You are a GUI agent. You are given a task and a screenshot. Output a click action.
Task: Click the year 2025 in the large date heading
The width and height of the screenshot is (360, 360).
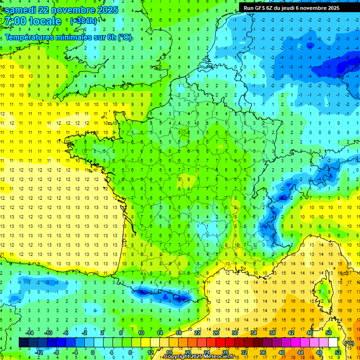pos(105,10)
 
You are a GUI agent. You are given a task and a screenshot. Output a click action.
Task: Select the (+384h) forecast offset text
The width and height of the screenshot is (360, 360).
pos(83,21)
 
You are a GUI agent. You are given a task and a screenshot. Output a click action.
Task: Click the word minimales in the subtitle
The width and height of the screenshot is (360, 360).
pos(68,37)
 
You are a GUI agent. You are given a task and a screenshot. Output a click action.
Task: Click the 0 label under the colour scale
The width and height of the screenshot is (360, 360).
pos(92,352)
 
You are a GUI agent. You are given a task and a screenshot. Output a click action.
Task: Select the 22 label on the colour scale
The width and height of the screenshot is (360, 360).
pos(198,332)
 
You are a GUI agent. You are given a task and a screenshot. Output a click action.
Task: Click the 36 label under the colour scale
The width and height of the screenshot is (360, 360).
pos(262,352)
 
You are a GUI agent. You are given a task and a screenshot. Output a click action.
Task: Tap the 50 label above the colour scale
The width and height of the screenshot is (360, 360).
pos(329,332)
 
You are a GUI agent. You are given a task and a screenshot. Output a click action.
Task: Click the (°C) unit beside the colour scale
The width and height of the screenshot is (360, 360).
pos(349,343)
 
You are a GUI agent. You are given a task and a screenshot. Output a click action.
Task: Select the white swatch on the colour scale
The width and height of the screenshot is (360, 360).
pos(333,343)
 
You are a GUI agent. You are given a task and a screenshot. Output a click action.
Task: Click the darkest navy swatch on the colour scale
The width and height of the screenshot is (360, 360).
pos(23,343)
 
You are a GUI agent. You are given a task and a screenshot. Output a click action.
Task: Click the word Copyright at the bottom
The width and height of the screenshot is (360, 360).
pos(178,357)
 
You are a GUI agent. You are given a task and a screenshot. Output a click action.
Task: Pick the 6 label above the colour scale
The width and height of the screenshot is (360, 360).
pos(120,332)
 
